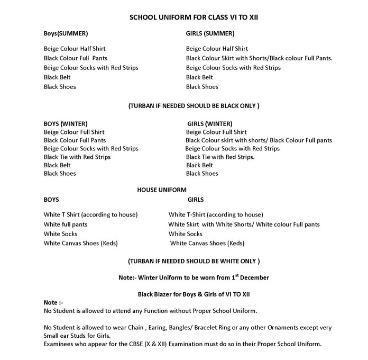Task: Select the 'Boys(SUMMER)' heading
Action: click(66, 33)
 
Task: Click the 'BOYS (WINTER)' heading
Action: click(66, 123)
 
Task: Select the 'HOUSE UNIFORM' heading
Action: click(162, 190)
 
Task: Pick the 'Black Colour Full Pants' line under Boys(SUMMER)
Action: click(76, 58)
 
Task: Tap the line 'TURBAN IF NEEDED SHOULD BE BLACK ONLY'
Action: click(194, 106)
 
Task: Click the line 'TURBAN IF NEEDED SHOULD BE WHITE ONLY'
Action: click(194, 262)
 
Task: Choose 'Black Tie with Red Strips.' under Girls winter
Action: click(220, 157)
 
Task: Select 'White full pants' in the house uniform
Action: click(66, 224)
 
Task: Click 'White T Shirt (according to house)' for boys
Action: click(90, 214)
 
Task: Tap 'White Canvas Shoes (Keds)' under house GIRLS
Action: click(207, 243)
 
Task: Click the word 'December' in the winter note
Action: click(253, 278)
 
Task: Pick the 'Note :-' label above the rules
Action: click(54, 302)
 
